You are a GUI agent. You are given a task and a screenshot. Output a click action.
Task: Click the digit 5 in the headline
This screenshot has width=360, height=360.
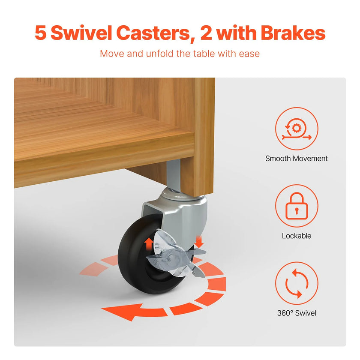pyautogui.click(x=40, y=33)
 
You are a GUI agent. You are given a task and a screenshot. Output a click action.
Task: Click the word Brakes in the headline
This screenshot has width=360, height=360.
pyautogui.click(x=293, y=33)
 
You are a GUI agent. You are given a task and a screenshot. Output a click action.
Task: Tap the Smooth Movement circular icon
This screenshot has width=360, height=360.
pyautogui.click(x=297, y=129)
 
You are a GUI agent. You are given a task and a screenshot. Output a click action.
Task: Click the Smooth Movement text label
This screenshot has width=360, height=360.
pyautogui.click(x=297, y=159)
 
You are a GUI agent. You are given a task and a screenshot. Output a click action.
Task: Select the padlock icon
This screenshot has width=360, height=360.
pyautogui.click(x=297, y=206)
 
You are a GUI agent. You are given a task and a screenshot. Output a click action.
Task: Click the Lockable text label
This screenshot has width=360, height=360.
pyautogui.click(x=297, y=236)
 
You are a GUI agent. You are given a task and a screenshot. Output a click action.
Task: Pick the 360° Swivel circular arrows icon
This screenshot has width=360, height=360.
pyautogui.click(x=297, y=283)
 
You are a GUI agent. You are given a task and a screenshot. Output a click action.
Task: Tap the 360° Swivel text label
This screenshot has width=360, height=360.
pyautogui.click(x=297, y=313)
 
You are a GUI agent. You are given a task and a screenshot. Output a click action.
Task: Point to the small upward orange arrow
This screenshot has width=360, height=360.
pyautogui.click(x=149, y=244)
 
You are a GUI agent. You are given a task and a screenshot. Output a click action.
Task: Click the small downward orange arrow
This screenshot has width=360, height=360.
pyautogui.click(x=199, y=242)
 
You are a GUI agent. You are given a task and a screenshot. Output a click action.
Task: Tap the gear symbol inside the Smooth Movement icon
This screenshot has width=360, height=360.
pyautogui.click(x=297, y=128)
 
